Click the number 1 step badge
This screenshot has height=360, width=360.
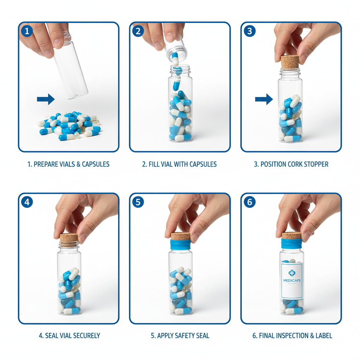(27, 31)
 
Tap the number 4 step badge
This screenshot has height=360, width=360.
(27, 202)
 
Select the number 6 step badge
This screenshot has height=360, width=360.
(249, 202)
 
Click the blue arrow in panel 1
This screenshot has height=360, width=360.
(46, 99)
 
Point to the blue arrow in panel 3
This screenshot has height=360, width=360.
(264, 99)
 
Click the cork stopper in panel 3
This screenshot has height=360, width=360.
(290, 62)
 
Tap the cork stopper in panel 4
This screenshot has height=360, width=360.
(69, 240)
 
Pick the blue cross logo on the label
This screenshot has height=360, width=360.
(291, 272)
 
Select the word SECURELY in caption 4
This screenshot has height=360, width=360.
(86, 335)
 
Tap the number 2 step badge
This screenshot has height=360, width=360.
(138, 31)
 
